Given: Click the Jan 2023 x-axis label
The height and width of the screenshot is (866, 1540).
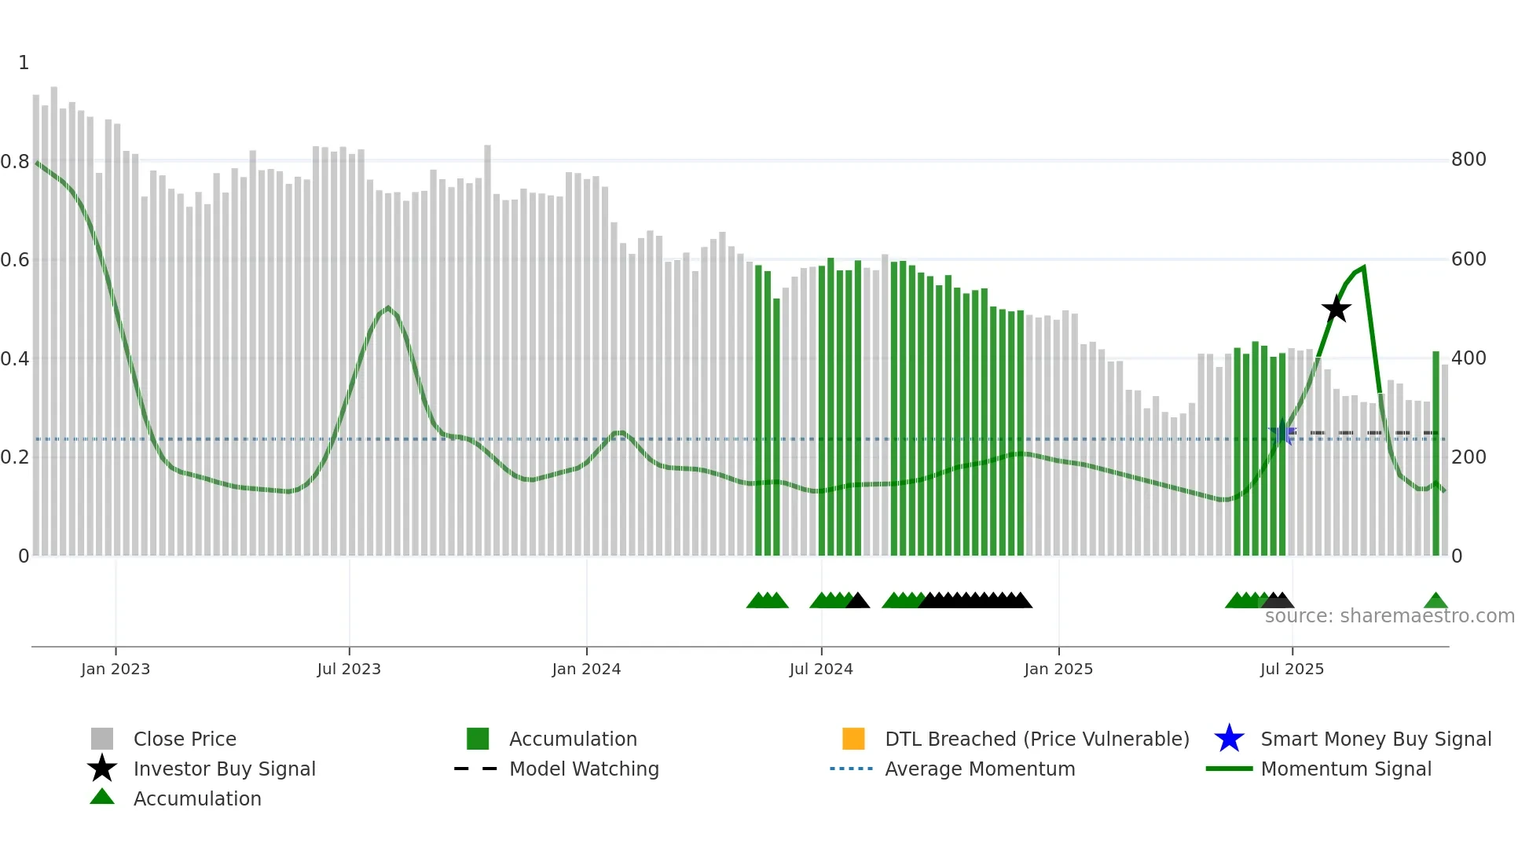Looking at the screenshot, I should point(115,669).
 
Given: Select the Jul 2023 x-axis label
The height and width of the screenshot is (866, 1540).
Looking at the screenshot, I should point(349,669).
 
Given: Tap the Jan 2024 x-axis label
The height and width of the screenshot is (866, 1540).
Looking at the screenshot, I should point(586,669).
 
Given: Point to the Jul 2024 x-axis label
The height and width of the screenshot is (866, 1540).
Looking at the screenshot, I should point(821,669).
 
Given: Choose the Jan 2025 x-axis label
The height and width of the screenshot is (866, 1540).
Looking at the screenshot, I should point(1058,669).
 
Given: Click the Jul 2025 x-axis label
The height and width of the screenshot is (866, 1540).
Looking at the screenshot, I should point(1292,669).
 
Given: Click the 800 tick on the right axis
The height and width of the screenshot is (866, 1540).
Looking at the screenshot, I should point(1468,160).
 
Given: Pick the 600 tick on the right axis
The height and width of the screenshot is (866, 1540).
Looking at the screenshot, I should point(1468,259).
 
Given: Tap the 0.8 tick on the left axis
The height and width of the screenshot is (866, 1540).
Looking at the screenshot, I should point(15,162).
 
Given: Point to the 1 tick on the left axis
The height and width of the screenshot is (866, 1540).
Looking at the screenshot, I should point(24,63).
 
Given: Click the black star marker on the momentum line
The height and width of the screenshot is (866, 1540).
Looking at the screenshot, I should point(1336,310).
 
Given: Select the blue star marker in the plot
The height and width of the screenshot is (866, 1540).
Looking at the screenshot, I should point(1283,433).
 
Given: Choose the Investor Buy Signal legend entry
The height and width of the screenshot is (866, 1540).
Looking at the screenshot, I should point(224,769).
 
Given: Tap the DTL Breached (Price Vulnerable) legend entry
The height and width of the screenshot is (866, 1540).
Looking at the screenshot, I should point(1036,739).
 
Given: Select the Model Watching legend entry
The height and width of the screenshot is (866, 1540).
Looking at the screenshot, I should point(583,769).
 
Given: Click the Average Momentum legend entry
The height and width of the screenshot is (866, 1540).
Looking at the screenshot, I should point(979,769).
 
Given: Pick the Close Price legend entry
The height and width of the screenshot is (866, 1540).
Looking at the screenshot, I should point(184,739).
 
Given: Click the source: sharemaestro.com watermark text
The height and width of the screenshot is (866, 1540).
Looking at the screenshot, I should point(1389,616).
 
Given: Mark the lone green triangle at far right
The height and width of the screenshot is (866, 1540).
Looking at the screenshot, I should point(1435,601).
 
